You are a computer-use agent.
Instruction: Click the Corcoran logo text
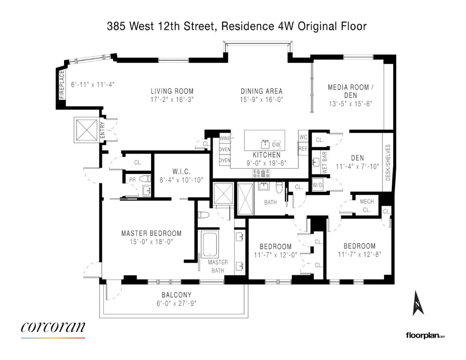(53, 327)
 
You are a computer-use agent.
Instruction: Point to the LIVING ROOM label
(172, 91)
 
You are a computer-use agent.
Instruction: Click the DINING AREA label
(261, 91)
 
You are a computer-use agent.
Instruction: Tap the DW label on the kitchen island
(276, 144)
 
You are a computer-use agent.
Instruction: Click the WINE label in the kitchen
(225, 139)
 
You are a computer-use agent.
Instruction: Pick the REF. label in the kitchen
(303, 148)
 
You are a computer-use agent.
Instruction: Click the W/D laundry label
(317, 185)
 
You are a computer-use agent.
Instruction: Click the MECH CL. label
(366, 206)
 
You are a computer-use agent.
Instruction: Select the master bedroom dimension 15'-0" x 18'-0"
(151, 242)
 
